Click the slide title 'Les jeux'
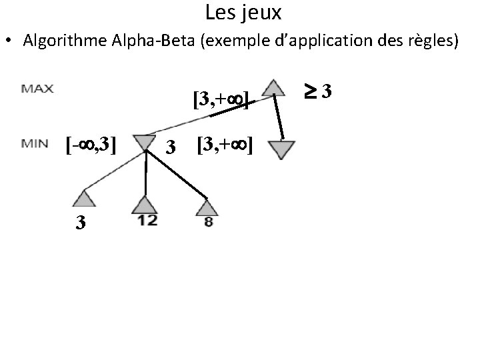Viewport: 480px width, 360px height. coord(243,12)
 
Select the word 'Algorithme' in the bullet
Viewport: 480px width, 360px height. coord(62,41)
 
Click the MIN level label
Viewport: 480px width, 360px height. coord(35,142)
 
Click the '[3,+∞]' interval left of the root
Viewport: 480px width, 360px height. coord(221,101)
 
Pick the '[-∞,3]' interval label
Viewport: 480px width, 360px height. coord(91,143)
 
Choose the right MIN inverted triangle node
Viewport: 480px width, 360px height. coord(283,149)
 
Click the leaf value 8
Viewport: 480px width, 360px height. coord(209,223)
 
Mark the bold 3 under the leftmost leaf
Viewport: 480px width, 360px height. coord(80,222)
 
